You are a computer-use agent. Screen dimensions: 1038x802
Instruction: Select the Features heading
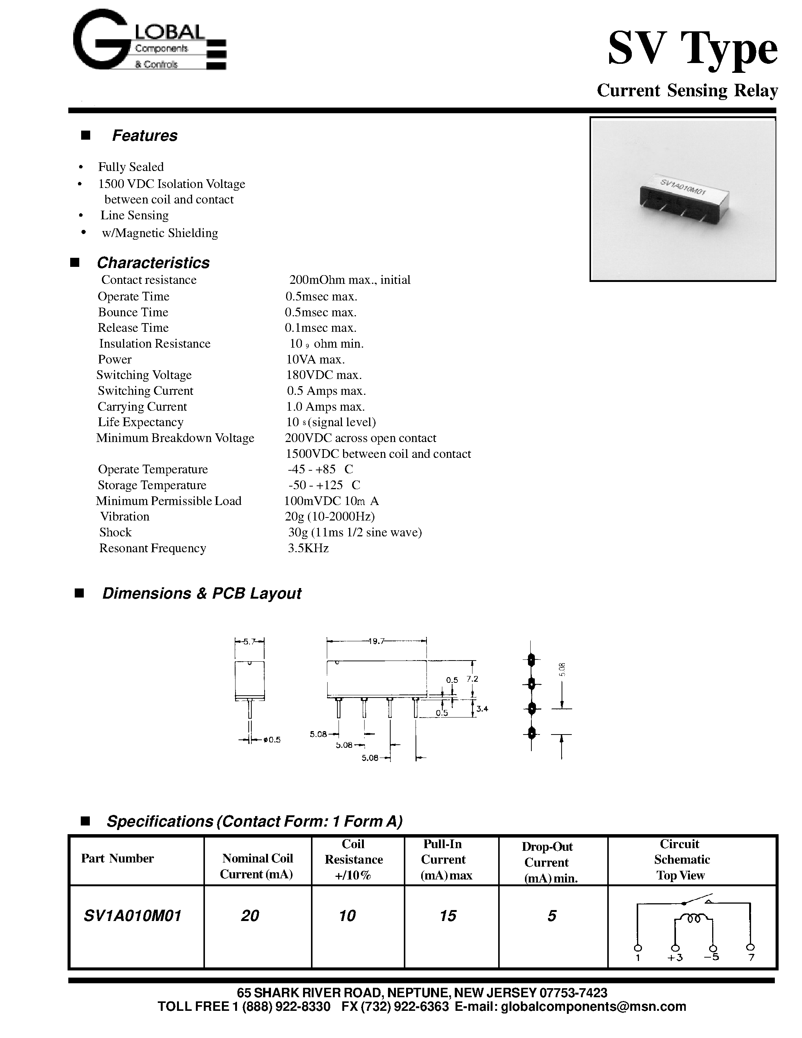click(145, 136)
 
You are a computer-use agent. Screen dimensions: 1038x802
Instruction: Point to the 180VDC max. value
click(323, 375)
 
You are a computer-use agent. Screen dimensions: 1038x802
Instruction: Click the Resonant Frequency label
click(152, 548)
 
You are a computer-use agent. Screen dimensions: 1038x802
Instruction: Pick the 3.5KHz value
click(308, 548)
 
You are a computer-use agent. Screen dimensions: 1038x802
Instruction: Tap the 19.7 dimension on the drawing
click(376, 641)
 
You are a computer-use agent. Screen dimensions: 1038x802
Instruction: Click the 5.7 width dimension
click(249, 641)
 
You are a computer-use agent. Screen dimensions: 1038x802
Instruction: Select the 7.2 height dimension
click(472, 679)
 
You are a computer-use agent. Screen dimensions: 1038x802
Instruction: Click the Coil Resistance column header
click(354, 859)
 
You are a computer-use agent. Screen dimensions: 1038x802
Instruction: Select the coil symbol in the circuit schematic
click(694, 919)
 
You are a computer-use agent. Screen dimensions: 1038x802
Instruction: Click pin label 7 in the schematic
click(751, 958)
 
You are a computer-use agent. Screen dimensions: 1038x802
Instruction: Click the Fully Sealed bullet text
click(131, 167)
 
